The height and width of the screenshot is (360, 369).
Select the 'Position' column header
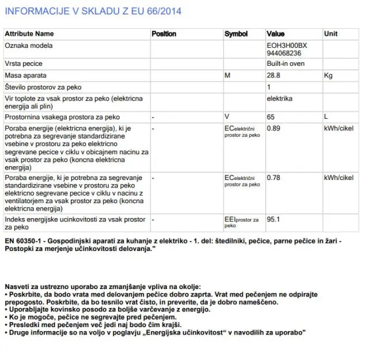click(x=164, y=34)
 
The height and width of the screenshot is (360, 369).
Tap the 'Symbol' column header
click(x=236, y=34)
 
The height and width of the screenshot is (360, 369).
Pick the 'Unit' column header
click(x=331, y=34)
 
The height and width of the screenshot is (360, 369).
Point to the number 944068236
click(x=284, y=52)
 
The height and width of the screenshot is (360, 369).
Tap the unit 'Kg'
click(x=329, y=76)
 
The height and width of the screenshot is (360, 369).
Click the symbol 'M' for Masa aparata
click(x=227, y=76)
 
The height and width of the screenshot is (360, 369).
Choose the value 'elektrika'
click(x=280, y=99)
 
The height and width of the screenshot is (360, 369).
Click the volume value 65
click(x=270, y=117)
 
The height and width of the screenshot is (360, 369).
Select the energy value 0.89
click(x=273, y=128)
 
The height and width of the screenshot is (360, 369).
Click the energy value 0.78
click(x=273, y=178)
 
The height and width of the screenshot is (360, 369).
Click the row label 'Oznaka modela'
click(x=29, y=45)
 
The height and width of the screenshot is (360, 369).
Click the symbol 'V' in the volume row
click(x=227, y=117)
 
